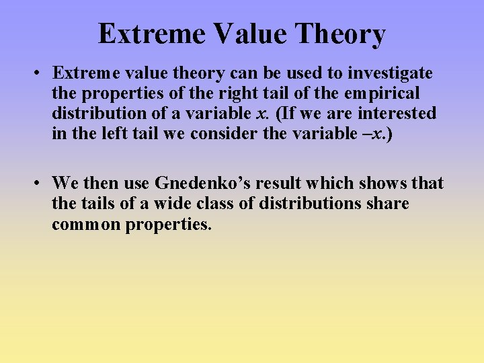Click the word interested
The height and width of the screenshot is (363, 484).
point(397,113)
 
